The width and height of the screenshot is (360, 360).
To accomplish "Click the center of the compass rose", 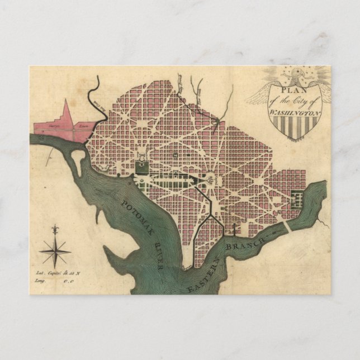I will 54,251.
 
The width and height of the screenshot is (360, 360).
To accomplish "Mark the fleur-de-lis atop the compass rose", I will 54,230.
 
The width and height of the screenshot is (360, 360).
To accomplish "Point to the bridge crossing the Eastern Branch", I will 286,226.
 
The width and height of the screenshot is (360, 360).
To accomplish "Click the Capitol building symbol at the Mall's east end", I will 211,180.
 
